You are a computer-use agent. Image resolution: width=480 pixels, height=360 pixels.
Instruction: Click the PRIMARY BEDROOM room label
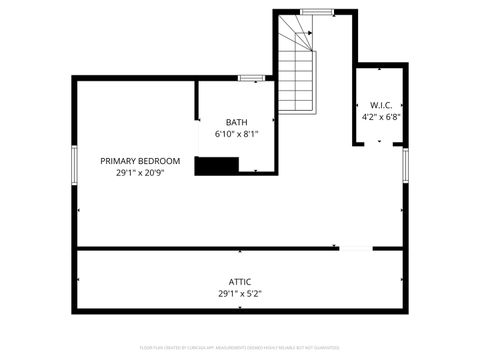[140, 161]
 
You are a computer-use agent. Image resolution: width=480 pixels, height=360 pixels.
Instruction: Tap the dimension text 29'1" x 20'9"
[140, 173]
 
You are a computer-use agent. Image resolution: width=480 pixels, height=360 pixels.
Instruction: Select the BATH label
[236, 122]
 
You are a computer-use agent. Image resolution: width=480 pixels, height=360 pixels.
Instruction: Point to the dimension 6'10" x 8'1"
[236, 134]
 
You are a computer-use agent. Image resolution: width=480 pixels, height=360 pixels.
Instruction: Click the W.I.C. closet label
[381, 105]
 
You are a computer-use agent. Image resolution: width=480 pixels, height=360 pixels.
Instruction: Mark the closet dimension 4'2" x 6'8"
[381, 116]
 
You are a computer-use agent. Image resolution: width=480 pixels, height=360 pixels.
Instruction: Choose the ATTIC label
[240, 282]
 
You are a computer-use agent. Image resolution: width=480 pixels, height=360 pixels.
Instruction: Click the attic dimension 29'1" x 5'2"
[240, 294]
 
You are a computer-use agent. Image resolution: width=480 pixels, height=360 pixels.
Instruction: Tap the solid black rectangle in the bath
[214, 166]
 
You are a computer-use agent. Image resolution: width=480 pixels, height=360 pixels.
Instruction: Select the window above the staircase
[317, 11]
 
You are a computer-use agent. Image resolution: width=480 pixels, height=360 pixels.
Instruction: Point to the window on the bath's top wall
[251, 77]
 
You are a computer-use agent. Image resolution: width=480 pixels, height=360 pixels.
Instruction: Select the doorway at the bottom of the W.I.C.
[380, 142]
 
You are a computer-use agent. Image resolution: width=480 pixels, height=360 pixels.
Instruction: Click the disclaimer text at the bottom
[240, 348]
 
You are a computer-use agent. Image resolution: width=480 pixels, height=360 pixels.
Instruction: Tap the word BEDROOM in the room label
[160, 161]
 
